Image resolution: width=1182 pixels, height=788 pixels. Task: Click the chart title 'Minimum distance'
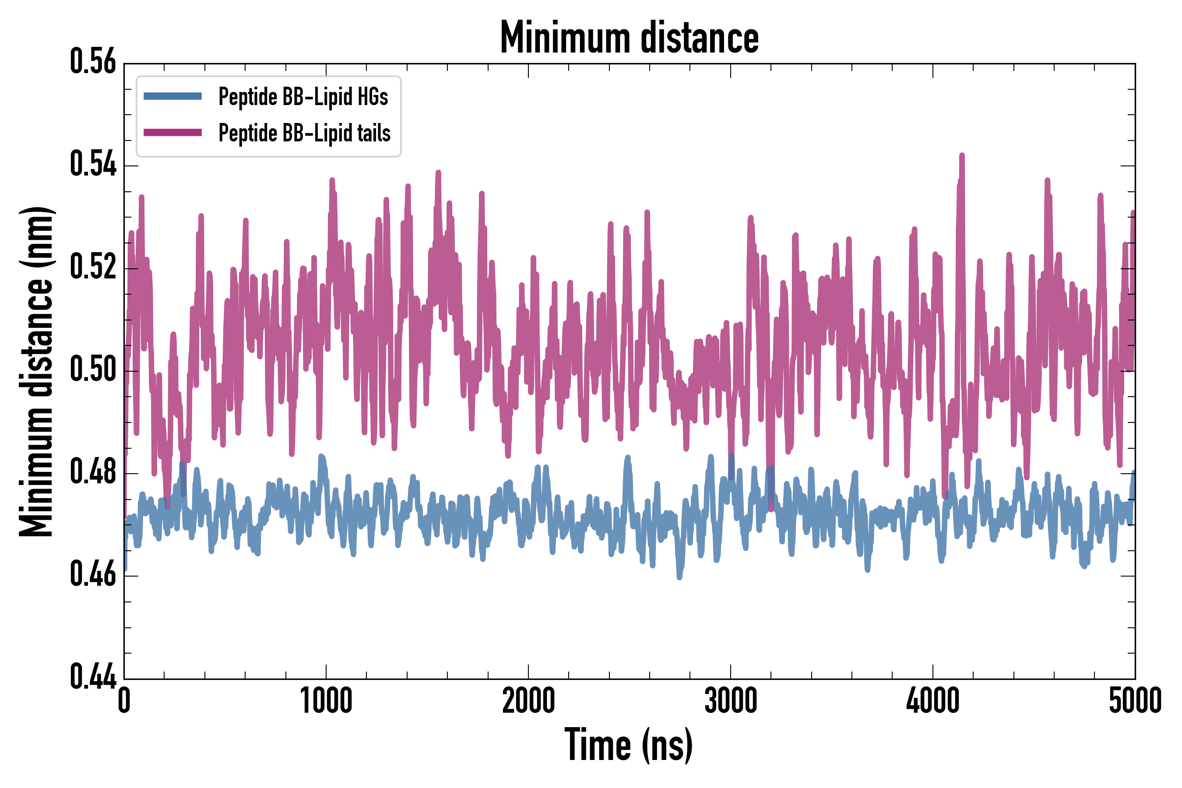click(629, 38)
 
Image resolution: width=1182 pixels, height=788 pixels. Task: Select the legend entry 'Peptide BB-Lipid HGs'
click(303, 96)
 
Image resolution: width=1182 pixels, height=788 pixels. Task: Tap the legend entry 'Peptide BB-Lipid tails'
click(304, 133)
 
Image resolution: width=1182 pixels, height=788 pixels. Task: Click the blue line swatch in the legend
click(172, 96)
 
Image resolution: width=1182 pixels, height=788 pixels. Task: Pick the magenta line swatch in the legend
click(172, 133)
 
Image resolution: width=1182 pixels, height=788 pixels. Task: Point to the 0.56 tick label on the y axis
click(93, 62)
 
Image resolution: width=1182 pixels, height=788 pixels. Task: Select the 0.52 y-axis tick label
click(93, 267)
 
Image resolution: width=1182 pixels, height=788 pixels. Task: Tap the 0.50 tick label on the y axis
click(93, 369)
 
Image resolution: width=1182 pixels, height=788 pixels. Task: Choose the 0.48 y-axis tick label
click(93, 472)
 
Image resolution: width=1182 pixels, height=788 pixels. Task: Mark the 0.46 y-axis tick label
click(93, 574)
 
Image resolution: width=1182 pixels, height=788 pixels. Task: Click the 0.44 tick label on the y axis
click(93, 676)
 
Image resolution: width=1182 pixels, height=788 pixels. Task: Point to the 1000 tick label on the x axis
click(326, 700)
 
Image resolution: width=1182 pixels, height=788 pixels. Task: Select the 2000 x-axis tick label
click(528, 700)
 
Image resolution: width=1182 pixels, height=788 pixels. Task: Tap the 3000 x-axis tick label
click(730, 700)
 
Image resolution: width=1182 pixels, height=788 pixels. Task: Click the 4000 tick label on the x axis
click(933, 700)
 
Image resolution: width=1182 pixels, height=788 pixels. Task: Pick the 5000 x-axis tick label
click(1135, 700)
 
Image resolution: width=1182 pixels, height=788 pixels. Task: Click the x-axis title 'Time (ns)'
click(629, 745)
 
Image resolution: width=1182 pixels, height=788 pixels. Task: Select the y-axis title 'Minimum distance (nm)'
click(36, 372)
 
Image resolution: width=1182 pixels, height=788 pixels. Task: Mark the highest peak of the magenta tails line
click(962, 156)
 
